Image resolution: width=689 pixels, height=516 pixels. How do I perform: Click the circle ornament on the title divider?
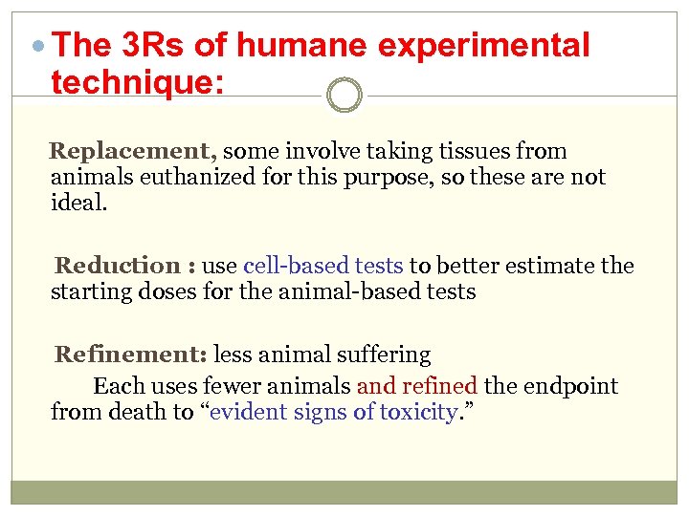[x=344, y=96]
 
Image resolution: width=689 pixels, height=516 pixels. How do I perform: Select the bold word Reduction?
[x=117, y=266]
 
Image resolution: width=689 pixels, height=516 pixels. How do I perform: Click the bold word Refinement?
[x=131, y=355]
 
